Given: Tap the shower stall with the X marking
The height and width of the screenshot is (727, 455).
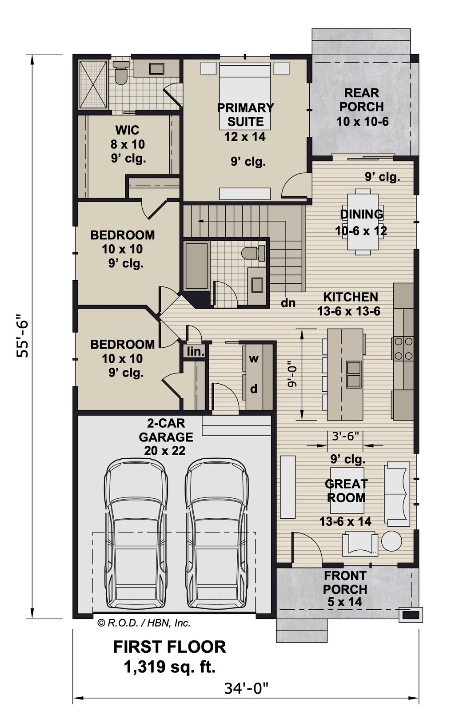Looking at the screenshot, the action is tap(93, 84).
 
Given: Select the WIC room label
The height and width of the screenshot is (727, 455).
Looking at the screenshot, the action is tap(128, 130).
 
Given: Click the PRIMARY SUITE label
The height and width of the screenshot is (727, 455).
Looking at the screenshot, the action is tap(246, 114).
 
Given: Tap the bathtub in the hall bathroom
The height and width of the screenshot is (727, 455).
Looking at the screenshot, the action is tap(197, 266).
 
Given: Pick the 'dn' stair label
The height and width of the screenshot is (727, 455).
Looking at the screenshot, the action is tap(288, 303).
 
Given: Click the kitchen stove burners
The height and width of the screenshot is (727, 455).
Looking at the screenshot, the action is tap(404, 349).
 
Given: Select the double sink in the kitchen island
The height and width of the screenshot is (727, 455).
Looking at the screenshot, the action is tap(354, 374).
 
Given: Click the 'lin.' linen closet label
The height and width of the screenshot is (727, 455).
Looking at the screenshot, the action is tap(196, 351).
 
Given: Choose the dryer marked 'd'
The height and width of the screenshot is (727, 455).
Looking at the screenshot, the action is tap(254, 389).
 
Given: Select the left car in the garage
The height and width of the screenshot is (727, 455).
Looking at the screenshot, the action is tap(136, 536).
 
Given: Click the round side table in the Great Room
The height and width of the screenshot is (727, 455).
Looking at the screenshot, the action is tap(391, 541).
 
